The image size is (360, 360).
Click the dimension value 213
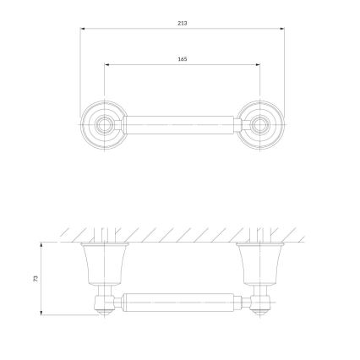point(183,23)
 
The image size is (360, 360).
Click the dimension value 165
point(183,59)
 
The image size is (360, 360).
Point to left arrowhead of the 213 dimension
point(83,29)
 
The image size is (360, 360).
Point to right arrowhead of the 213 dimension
point(282,29)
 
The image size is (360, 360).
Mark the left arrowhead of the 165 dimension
point(106,64)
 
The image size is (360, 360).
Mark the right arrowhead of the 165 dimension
point(258,64)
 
